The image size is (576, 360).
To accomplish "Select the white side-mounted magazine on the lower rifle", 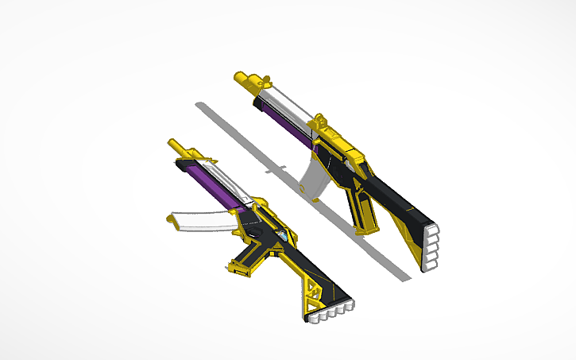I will pos(203,223).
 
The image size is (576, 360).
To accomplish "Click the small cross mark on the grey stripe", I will pos(277,169).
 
